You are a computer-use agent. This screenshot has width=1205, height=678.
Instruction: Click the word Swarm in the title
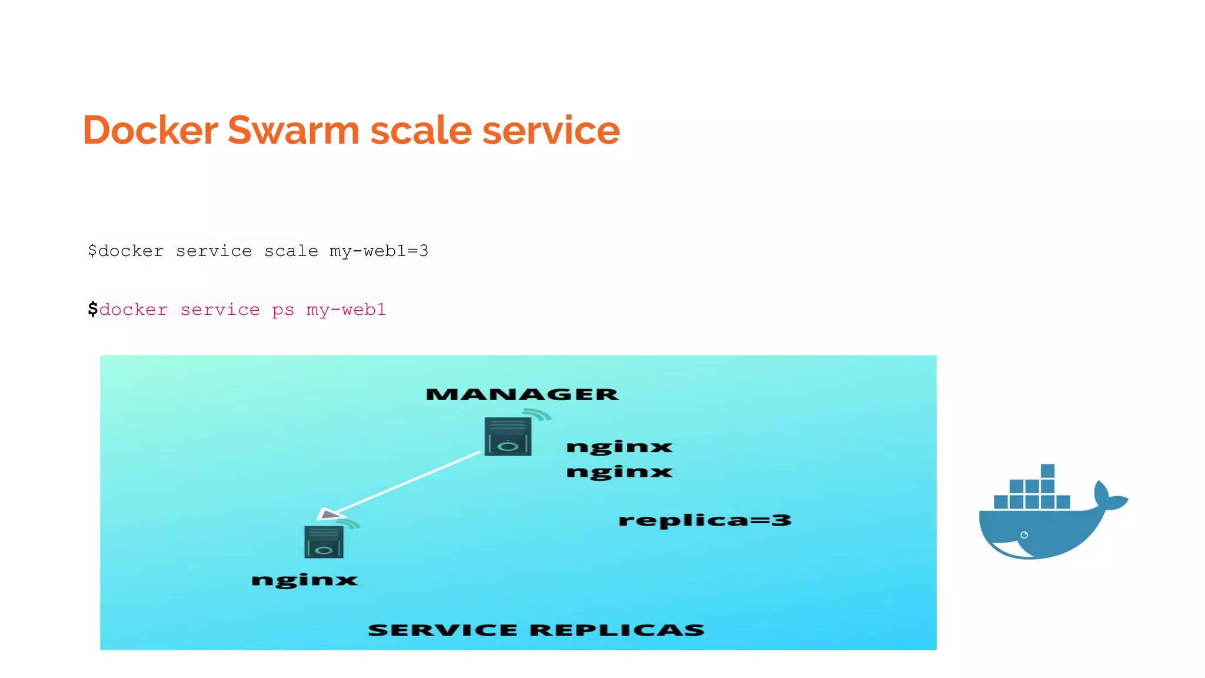pos(293,130)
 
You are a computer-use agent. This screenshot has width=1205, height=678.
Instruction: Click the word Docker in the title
pos(151,130)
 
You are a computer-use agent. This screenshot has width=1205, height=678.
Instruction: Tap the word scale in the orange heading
pos(421,130)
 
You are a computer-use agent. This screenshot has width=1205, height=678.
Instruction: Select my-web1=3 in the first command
pos(379,251)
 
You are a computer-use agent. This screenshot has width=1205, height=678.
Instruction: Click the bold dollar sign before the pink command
pos(92,309)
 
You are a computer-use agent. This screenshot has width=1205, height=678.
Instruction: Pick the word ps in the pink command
pos(283,310)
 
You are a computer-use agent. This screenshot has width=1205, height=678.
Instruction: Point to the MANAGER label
pos(522,394)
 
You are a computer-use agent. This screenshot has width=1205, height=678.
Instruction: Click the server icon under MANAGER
pos(508,437)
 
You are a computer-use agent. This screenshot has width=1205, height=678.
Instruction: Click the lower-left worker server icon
pos(324,542)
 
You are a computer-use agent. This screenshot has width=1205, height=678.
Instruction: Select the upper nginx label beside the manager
pos(619,447)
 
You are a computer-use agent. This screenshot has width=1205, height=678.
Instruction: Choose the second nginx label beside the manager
pos(619,472)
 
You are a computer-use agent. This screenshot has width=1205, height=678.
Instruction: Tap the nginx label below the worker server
pos(304,580)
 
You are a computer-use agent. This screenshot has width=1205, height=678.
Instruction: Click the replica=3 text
pos(705,520)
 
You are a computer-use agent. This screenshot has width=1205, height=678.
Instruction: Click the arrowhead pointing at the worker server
pos(328,514)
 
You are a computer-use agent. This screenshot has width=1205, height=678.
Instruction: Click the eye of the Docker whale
pos(1024,535)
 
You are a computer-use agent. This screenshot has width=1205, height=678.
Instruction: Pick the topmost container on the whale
pos(1047,471)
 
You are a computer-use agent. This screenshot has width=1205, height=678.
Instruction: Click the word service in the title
pos(551,130)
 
